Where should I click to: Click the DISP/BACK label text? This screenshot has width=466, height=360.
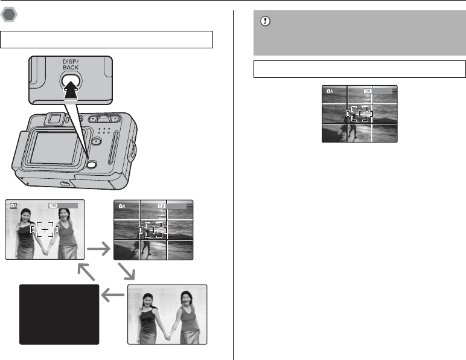(69, 65)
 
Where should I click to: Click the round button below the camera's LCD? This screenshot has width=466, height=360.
(91, 164)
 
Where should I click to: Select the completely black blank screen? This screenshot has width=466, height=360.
(59, 314)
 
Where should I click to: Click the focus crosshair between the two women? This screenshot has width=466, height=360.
(45, 230)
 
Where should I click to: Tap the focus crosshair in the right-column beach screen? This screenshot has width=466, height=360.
(360, 113)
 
